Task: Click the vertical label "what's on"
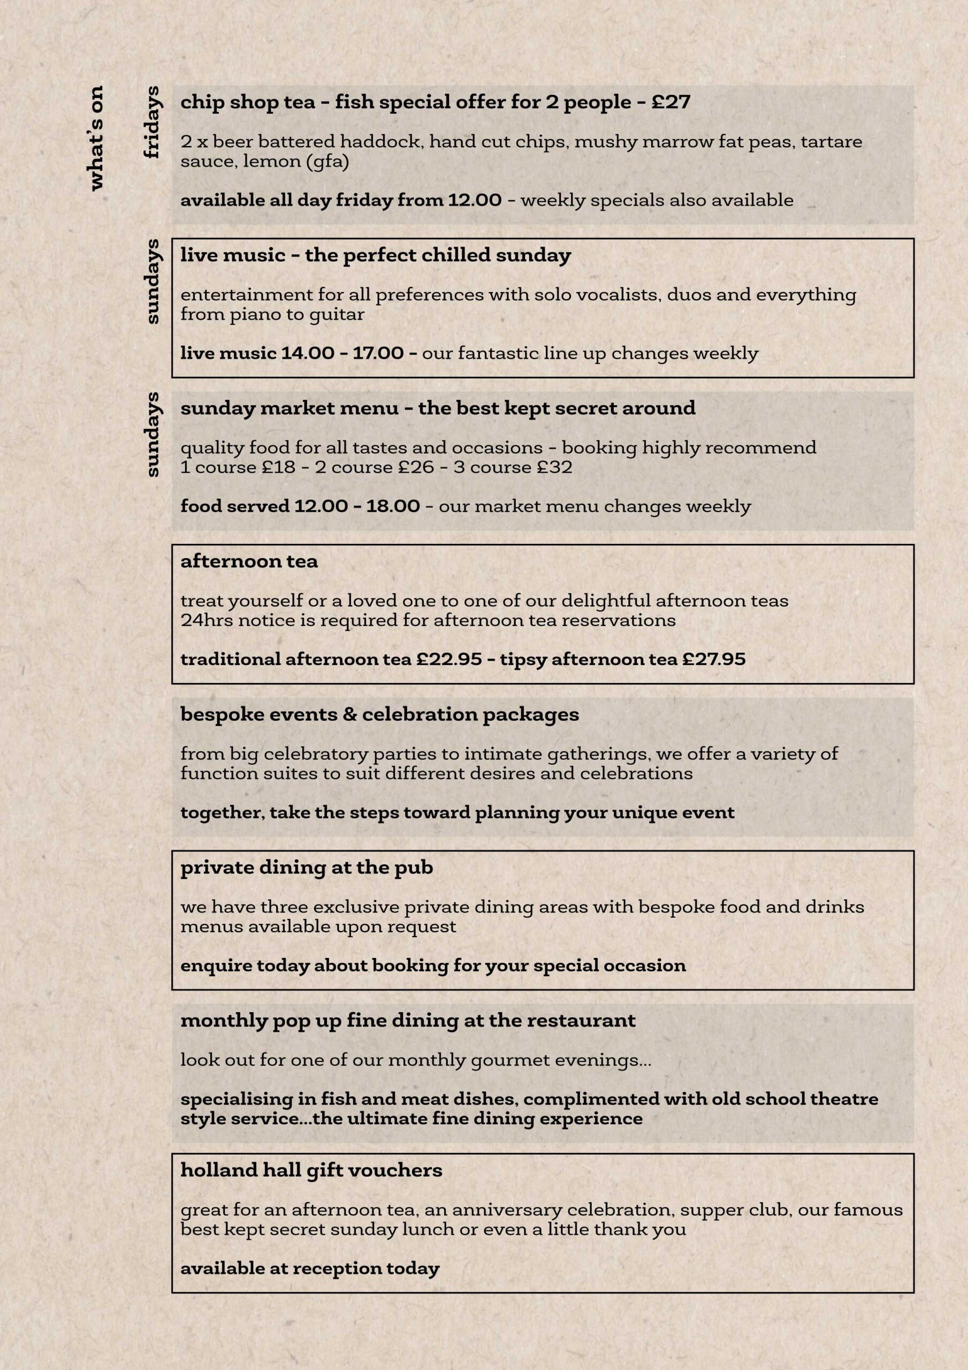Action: click(95, 138)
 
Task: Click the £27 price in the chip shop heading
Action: click(671, 102)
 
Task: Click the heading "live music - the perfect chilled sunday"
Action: click(376, 255)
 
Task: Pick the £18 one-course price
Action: click(279, 467)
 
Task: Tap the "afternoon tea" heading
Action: click(249, 561)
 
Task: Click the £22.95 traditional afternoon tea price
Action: click(449, 659)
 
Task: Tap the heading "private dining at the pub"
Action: click(306, 867)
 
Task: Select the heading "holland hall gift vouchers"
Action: click(311, 1171)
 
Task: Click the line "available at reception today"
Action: click(310, 1268)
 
